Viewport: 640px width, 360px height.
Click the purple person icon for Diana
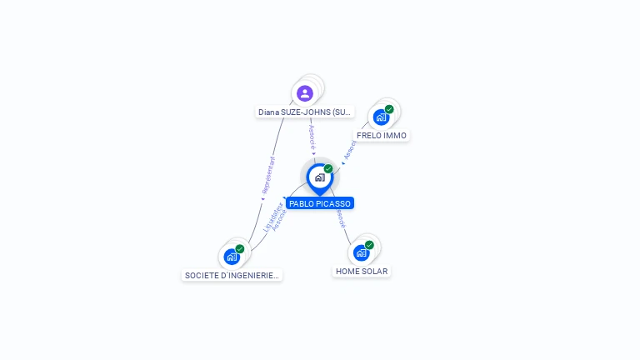[x=305, y=93]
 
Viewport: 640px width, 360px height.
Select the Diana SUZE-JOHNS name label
[x=305, y=112]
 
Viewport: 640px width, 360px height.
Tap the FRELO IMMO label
[x=382, y=135]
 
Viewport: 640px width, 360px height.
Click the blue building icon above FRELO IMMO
[x=381, y=117]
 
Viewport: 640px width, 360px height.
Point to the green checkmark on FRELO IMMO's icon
[x=389, y=109]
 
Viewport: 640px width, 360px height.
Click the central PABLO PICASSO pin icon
[x=319, y=177]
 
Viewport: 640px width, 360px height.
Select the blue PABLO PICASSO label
[x=320, y=203]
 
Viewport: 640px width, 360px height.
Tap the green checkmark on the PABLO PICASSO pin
[x=328, y=169]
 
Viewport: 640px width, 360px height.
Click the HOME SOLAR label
[x=362, y=271]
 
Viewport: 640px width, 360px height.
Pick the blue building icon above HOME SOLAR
[x=361, y=252]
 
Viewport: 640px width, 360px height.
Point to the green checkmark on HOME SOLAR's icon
[x=369, y=245]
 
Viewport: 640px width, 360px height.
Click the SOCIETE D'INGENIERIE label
[x=232, y=275]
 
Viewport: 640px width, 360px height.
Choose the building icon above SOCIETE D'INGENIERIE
[x=232, y=257]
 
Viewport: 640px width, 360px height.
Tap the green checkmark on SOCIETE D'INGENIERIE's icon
[x=240, y=249]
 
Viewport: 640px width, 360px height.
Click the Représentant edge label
[x=268, y=176]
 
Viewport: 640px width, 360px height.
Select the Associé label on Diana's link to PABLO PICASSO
[x=312, y=137]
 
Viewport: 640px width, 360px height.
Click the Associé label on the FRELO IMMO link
[x=350, y=149]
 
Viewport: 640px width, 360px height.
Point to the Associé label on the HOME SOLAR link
[x=340, y=217]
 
